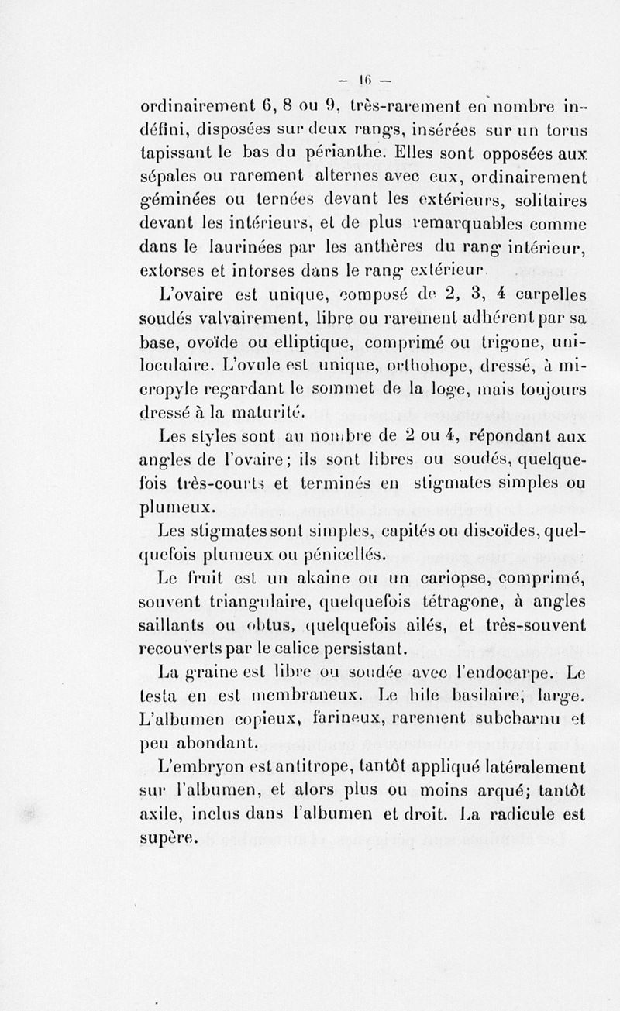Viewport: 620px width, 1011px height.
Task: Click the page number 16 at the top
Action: (365, 79)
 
